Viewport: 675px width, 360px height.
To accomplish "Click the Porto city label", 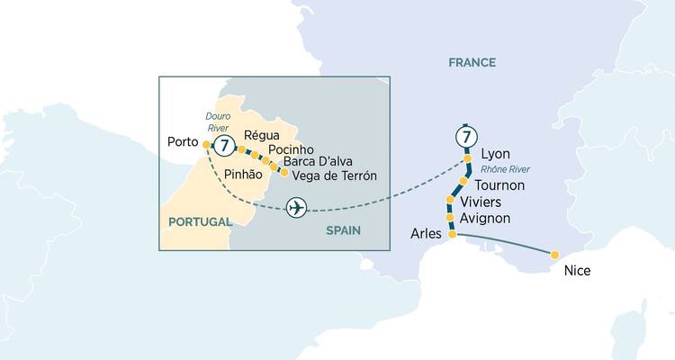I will (184, 142).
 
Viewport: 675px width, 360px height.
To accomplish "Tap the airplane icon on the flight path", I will (295, 208).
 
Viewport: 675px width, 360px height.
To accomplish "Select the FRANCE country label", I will (472, 62).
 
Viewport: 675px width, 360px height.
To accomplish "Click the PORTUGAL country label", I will (197, 220).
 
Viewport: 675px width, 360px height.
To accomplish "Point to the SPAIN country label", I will (343, 230).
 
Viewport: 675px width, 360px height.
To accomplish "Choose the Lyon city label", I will (496, 153).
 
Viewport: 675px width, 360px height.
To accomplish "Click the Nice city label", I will (577, 270).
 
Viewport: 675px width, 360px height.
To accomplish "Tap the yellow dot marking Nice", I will (554, 255).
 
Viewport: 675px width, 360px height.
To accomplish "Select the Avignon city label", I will (485, 218).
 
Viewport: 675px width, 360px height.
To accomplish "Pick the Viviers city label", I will (481, 202).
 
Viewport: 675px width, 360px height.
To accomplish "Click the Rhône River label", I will (506, 169).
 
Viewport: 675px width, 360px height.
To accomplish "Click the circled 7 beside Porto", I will (224, 145).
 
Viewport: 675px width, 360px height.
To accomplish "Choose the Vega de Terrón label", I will (335, 175).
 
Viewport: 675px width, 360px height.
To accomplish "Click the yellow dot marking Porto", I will (207, 144).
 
